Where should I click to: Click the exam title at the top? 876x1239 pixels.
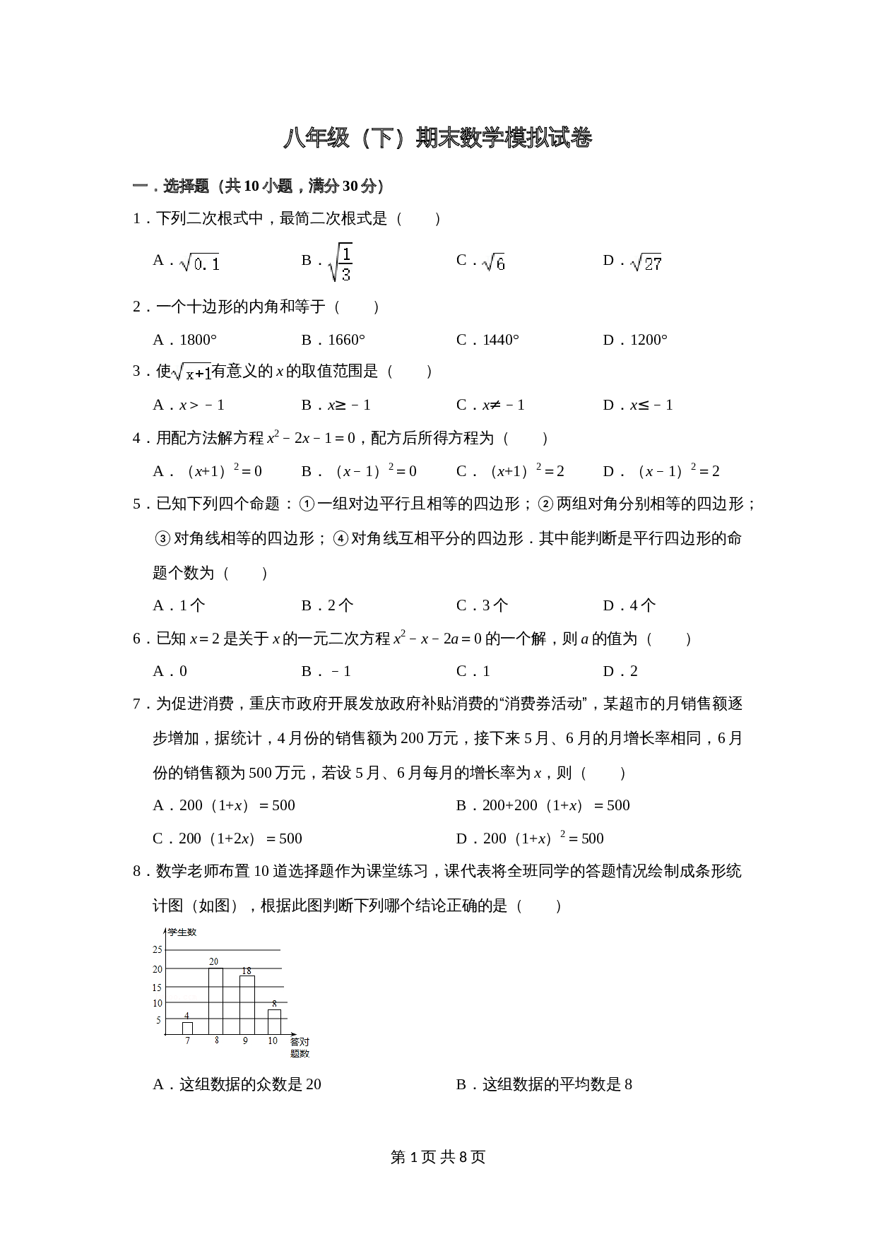437,138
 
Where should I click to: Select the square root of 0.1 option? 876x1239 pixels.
200,263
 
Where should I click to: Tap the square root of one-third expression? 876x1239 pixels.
340,262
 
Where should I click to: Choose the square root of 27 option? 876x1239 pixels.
646,263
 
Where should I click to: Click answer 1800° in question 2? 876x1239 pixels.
198,340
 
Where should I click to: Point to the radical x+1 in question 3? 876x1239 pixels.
192,372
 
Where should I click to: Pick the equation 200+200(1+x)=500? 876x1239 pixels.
555,805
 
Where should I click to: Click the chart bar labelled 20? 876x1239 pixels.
215,1001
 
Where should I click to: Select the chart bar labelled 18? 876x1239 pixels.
247,1005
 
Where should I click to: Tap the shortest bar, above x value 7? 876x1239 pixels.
187,1028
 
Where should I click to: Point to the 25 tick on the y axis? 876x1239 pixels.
158,950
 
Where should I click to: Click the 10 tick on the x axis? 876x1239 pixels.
273,1041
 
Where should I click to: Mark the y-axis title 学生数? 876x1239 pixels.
182,932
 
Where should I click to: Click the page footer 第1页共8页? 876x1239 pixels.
437,1157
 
